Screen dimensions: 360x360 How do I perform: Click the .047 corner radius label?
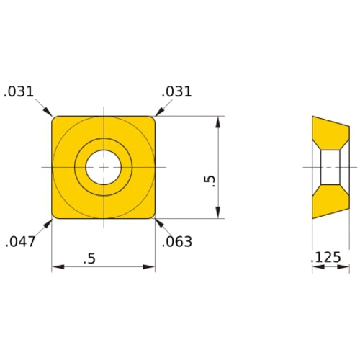21,242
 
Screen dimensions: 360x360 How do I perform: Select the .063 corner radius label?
177,242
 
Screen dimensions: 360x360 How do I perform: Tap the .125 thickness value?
326,257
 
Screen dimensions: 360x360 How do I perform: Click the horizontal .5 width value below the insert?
89,258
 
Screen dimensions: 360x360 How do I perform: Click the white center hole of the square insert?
104,167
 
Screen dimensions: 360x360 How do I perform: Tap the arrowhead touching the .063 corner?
158,220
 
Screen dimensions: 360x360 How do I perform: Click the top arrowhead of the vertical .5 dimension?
217,120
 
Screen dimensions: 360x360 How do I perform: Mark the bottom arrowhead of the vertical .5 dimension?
217,213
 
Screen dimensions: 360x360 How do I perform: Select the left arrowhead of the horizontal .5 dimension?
57,269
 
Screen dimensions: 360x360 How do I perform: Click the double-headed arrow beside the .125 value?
330,269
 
